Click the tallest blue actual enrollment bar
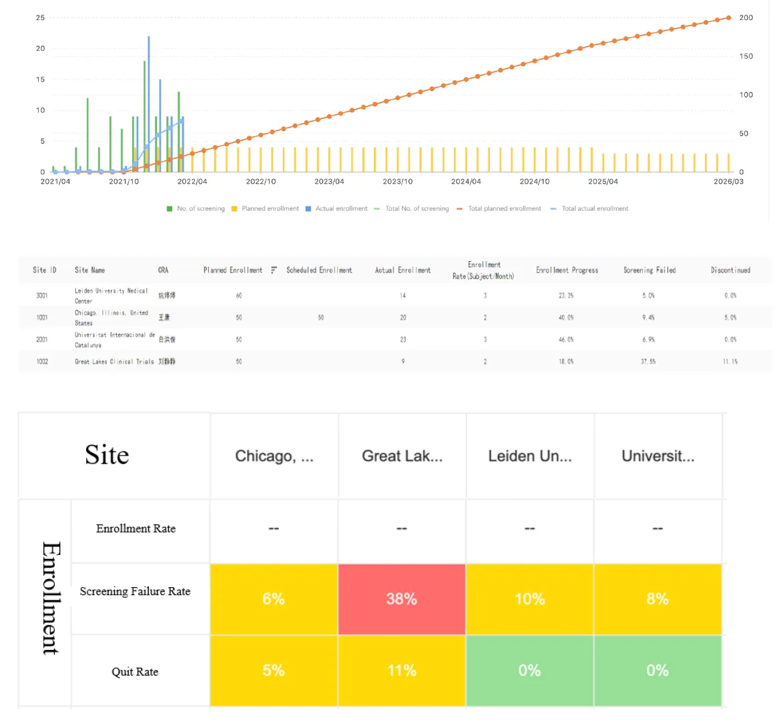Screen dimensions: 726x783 coord(149,100)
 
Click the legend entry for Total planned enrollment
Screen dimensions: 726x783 coord(504,208)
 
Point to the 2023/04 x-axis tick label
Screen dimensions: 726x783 coord(329,182)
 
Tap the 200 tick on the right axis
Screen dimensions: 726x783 coord(746,18)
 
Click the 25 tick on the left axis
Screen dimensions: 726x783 coord(41,18)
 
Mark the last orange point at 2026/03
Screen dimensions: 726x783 coord(728,18)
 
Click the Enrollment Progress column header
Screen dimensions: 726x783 coord(567,270)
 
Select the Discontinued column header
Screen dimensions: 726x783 coord(730,270)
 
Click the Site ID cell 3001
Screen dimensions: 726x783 coord(42,295)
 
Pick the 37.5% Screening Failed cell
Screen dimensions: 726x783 coord(648,361)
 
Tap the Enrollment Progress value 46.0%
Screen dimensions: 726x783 coord(566,339)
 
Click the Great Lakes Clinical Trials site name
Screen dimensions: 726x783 coord(114,361)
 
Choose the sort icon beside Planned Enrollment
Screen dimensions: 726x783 coord(274,270)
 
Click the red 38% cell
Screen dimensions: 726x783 coord(402,599)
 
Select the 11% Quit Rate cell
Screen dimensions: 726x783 coord(402,671)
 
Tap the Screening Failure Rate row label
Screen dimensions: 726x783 coord(135,592)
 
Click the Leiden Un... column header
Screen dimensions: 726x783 coord(530,456)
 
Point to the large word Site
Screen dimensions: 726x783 coord(107,456)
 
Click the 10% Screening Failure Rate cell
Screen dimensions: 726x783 coord(530,599)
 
